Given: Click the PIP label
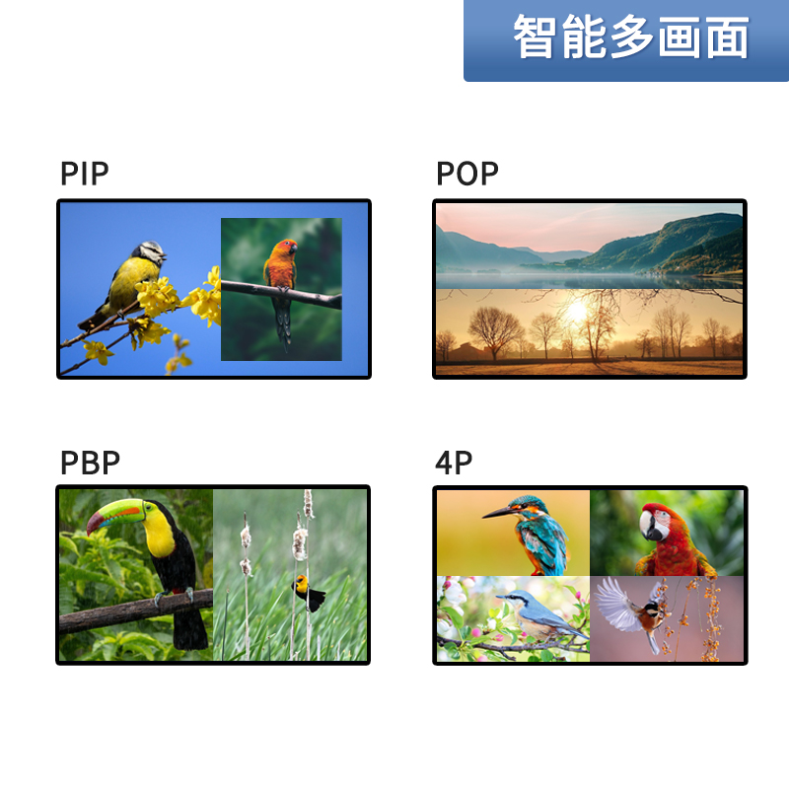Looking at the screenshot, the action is click(x=85, y=174).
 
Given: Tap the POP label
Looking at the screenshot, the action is click(x=466, y=174).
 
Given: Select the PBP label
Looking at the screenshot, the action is click(x=90, y=463).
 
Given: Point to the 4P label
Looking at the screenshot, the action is click(x=454, y=463).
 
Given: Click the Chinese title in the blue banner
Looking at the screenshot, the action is click(x=631, y=36).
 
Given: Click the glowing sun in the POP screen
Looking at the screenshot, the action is click(x=576, y=311).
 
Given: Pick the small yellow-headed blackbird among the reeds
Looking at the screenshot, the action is click(x=308, y=594).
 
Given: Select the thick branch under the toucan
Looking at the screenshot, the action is click(x=136, y=610).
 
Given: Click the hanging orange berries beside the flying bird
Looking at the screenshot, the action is click(x=710, y=619).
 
